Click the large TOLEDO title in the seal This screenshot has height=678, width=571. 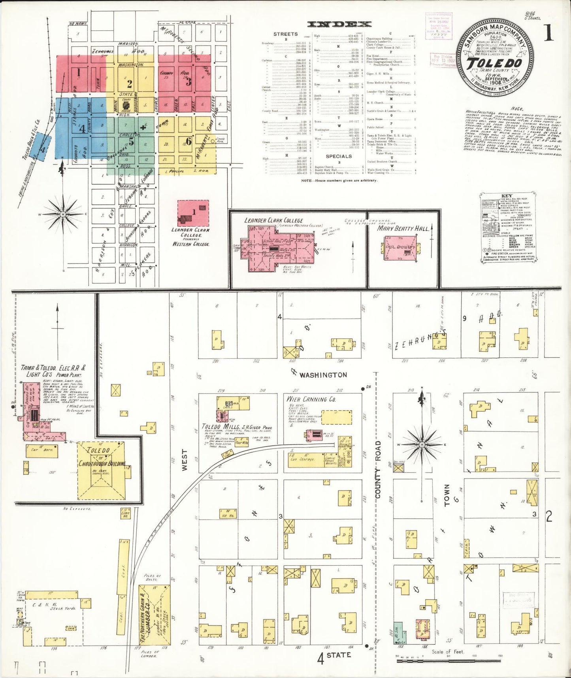pyautogui.click(x=495, y=63)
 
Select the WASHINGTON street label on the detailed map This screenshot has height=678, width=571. pyautogui.click(x=323, y=375)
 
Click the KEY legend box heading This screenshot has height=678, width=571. pyautogui.click(x=507, y=195)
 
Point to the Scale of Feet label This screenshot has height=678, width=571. pyautogui.click(x=448, y=652)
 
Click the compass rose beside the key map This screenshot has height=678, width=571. pyautogui.click(x=63, y=214)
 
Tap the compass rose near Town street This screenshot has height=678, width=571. pyautogui.click(x=422, y=445)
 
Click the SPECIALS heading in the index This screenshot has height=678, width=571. pyautogui.click(x=339, y=156)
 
